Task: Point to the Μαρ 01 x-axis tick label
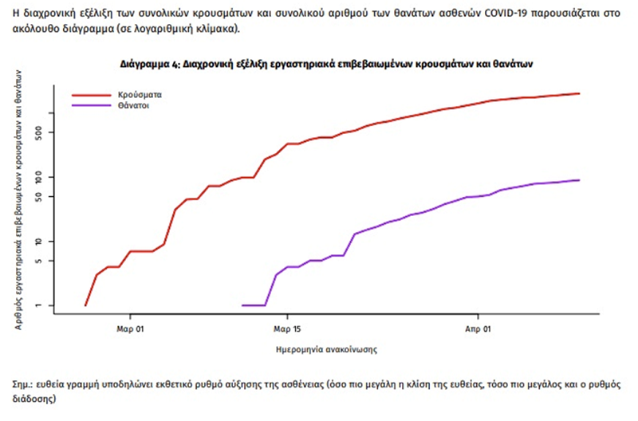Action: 129,328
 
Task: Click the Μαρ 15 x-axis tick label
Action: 287,328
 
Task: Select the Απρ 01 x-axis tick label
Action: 478,328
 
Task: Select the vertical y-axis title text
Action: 18,199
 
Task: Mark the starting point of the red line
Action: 85,305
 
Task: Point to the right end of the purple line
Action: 579,180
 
